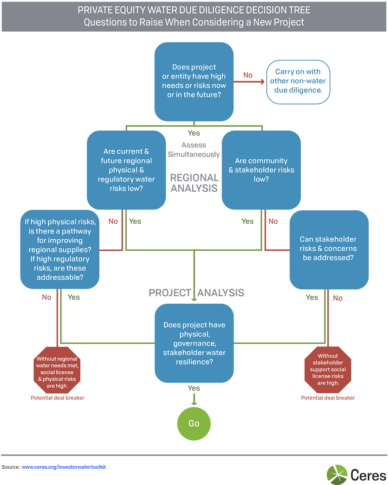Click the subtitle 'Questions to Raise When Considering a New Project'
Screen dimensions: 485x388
click(194, 22)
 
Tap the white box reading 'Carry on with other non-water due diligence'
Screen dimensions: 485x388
click(298, 81)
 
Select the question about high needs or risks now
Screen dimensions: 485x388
click(194, 81)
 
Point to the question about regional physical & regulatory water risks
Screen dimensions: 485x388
click(126, 170)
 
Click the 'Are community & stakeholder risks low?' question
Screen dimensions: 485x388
click(261, 170)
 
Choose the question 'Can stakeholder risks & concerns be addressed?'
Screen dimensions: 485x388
click(328, 249)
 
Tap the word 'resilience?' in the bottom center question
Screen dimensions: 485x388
click(194, 362)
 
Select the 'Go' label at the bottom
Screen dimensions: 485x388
click(194, 423)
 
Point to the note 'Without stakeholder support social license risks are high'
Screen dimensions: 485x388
click(328, 369)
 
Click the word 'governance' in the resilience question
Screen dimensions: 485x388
click(194, 343)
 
